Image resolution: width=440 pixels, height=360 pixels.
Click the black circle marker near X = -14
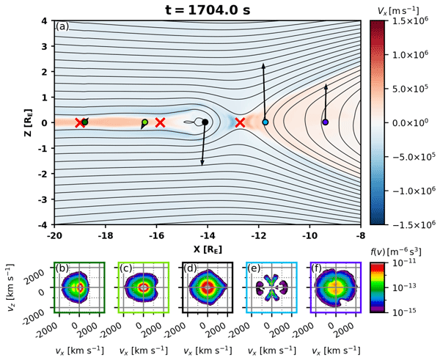[x=205, y=122]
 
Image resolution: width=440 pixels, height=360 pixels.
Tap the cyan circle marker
[x=265, y=122]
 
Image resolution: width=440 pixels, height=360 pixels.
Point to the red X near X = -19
[x=80, y=122]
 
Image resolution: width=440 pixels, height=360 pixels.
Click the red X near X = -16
[x=160, y=122]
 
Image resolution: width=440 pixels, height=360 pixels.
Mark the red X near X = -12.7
[x=240, y=122]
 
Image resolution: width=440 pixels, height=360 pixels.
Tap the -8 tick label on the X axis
[x=360, y=236]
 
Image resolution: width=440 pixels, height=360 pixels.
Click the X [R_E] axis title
[x=207, y=249]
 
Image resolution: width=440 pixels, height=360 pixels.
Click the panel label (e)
[x=252, y=269]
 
